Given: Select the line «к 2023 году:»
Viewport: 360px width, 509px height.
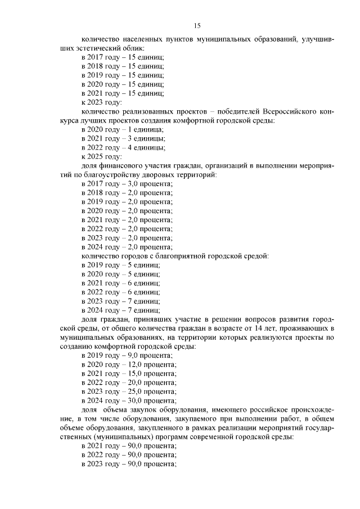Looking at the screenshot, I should click(101, 102).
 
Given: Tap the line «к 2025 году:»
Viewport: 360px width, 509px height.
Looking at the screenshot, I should click(101, 156).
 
